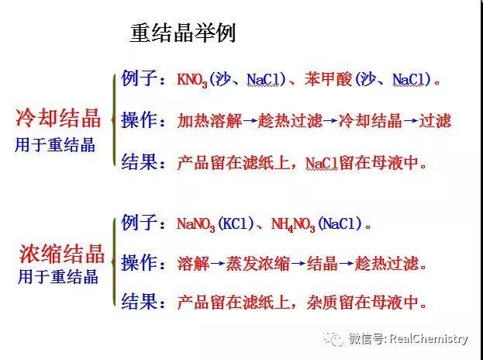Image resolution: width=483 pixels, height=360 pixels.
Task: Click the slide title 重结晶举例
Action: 183,33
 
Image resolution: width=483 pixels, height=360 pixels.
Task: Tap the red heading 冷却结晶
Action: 58,118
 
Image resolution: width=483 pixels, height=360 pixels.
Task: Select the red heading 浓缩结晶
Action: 62,254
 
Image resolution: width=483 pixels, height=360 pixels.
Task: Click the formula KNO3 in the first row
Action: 192,80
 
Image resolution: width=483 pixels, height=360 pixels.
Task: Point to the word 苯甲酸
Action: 328,79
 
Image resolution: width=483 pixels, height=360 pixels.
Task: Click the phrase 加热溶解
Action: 209,120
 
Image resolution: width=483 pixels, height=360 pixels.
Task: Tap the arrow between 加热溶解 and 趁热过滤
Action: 250,121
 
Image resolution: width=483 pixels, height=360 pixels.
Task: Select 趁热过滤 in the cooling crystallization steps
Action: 290,120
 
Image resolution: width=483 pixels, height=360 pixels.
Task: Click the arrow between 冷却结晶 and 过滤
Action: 411,121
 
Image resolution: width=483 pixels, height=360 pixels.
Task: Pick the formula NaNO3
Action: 196,224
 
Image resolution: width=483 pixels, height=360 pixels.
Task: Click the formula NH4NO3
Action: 293,224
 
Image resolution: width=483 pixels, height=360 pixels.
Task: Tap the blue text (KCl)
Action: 236,223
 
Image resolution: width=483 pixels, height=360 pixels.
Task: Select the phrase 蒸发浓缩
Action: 258,264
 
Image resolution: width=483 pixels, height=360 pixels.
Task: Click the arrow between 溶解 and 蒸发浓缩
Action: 218,264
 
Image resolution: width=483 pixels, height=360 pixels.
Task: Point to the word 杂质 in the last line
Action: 323,303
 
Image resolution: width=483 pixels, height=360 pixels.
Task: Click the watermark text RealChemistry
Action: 429,339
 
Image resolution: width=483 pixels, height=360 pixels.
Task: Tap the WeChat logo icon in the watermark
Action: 333,338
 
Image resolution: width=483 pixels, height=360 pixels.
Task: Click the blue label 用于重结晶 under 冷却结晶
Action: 55,144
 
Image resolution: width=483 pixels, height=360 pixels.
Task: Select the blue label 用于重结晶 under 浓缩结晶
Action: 58,276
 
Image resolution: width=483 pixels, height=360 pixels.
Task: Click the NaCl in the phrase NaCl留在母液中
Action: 322,164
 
